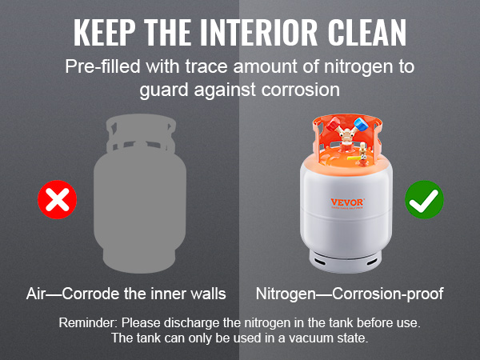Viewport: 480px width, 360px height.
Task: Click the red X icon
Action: [58, 200]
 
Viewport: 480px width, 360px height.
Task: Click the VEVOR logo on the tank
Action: [347, 202]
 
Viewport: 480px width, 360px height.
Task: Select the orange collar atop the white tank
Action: [346, 140]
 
